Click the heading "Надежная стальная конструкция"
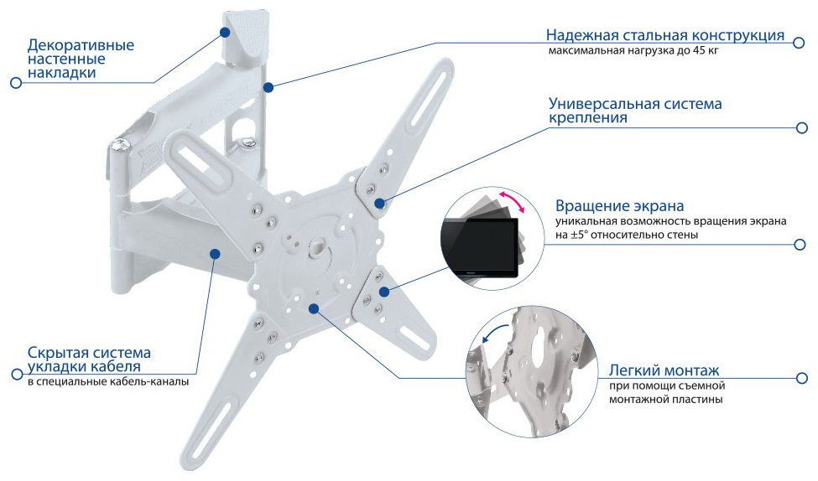(665, 35)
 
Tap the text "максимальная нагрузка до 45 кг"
(633, 51)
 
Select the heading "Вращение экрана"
(619, 206)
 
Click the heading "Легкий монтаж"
(664, 370)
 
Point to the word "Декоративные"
(81, 45)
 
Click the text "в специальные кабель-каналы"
(108, 382)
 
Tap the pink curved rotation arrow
(512, 201)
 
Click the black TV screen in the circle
(480, 246)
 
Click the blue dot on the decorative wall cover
(224, 33)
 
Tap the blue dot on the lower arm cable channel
(215, 253)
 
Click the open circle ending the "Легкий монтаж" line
(801, 378)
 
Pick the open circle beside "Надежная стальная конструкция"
(798, 43)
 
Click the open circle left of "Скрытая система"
(17, 375)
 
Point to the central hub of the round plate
(316, 247)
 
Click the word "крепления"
(588, 118)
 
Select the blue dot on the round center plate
(313, 308)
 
